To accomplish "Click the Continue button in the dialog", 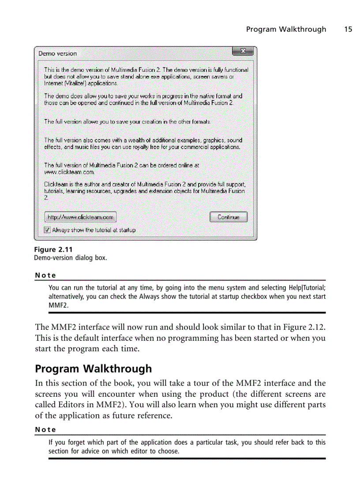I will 228,217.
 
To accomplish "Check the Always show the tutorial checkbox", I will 48,230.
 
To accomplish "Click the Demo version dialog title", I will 57,53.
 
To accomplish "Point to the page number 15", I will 348,29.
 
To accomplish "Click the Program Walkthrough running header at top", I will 286,29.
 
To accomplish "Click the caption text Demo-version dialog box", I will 71,257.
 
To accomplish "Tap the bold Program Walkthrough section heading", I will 93,368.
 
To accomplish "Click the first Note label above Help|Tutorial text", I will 45,275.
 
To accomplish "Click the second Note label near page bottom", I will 45,429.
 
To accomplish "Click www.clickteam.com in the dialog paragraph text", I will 69,172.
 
